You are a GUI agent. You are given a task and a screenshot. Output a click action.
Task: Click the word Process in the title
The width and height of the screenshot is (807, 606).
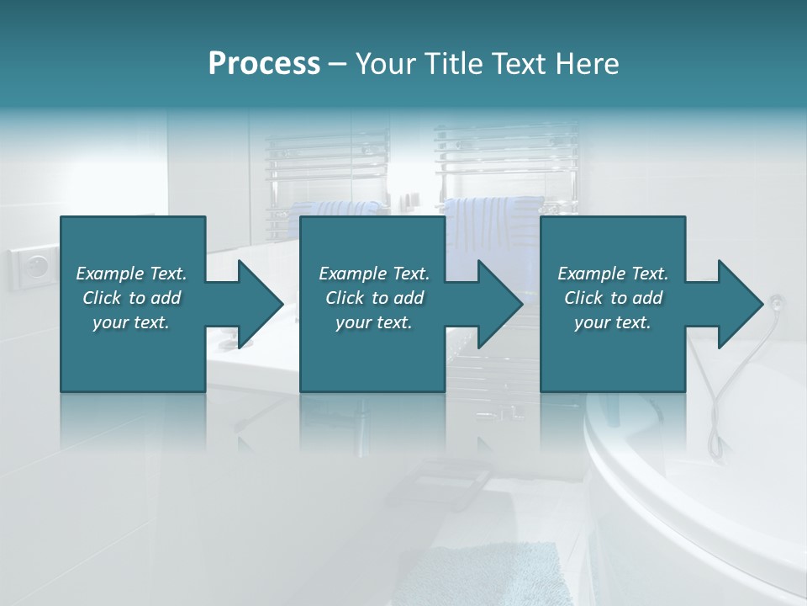tap(264, 64)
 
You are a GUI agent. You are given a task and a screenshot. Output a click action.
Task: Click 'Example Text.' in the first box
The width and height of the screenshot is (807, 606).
tap(131, 274)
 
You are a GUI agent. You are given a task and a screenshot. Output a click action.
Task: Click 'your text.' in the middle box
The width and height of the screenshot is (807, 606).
tap(373, 322)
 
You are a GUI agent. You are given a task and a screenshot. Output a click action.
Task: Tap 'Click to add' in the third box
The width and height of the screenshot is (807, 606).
tap(613, 298)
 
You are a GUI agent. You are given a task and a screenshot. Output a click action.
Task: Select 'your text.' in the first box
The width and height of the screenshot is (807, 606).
tap(131, 322)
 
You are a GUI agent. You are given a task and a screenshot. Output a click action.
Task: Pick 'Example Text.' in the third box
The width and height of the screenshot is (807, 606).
tap(613, 274)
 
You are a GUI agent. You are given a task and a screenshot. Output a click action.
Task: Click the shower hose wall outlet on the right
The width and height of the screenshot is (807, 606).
tap(776, 300)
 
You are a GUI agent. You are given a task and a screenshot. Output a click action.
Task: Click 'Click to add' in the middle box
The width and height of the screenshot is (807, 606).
tap(373, 298)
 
